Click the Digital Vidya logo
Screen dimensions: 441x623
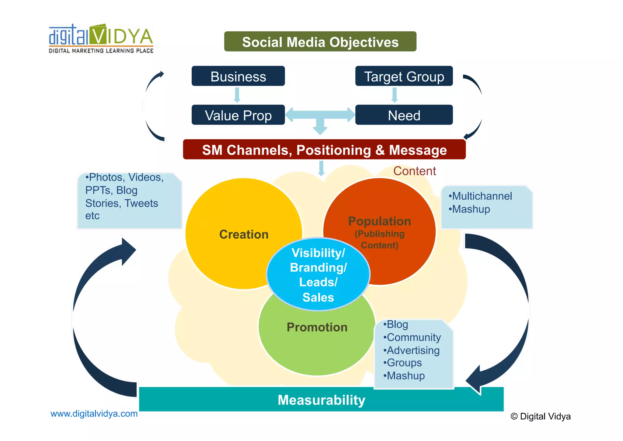click(101, 39)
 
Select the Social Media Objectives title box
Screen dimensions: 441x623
click(320, 42)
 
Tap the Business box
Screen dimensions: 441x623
click(238, 76)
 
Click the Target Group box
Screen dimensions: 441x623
click(404, 76)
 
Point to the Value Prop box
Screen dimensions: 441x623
click(238, 115)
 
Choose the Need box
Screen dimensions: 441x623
click(404, 115)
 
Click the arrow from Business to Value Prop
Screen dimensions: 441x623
click(237, 95)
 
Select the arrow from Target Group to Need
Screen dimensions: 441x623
click(394, 95)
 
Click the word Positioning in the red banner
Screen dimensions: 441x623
click(334, 150)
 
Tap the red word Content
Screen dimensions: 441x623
click(414, 171)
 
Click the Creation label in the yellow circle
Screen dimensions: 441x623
click(244, 234)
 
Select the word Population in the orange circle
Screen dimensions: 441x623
click(379, 221)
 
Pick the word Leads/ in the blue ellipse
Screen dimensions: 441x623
click(318, 282)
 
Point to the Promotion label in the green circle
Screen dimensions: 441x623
click(317, 327)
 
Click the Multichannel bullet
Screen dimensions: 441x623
click(482, 196)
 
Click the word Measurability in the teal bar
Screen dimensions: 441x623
click(321, 400)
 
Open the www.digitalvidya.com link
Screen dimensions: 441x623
click(94, 414)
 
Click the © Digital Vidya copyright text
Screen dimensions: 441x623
click(540, 416)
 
